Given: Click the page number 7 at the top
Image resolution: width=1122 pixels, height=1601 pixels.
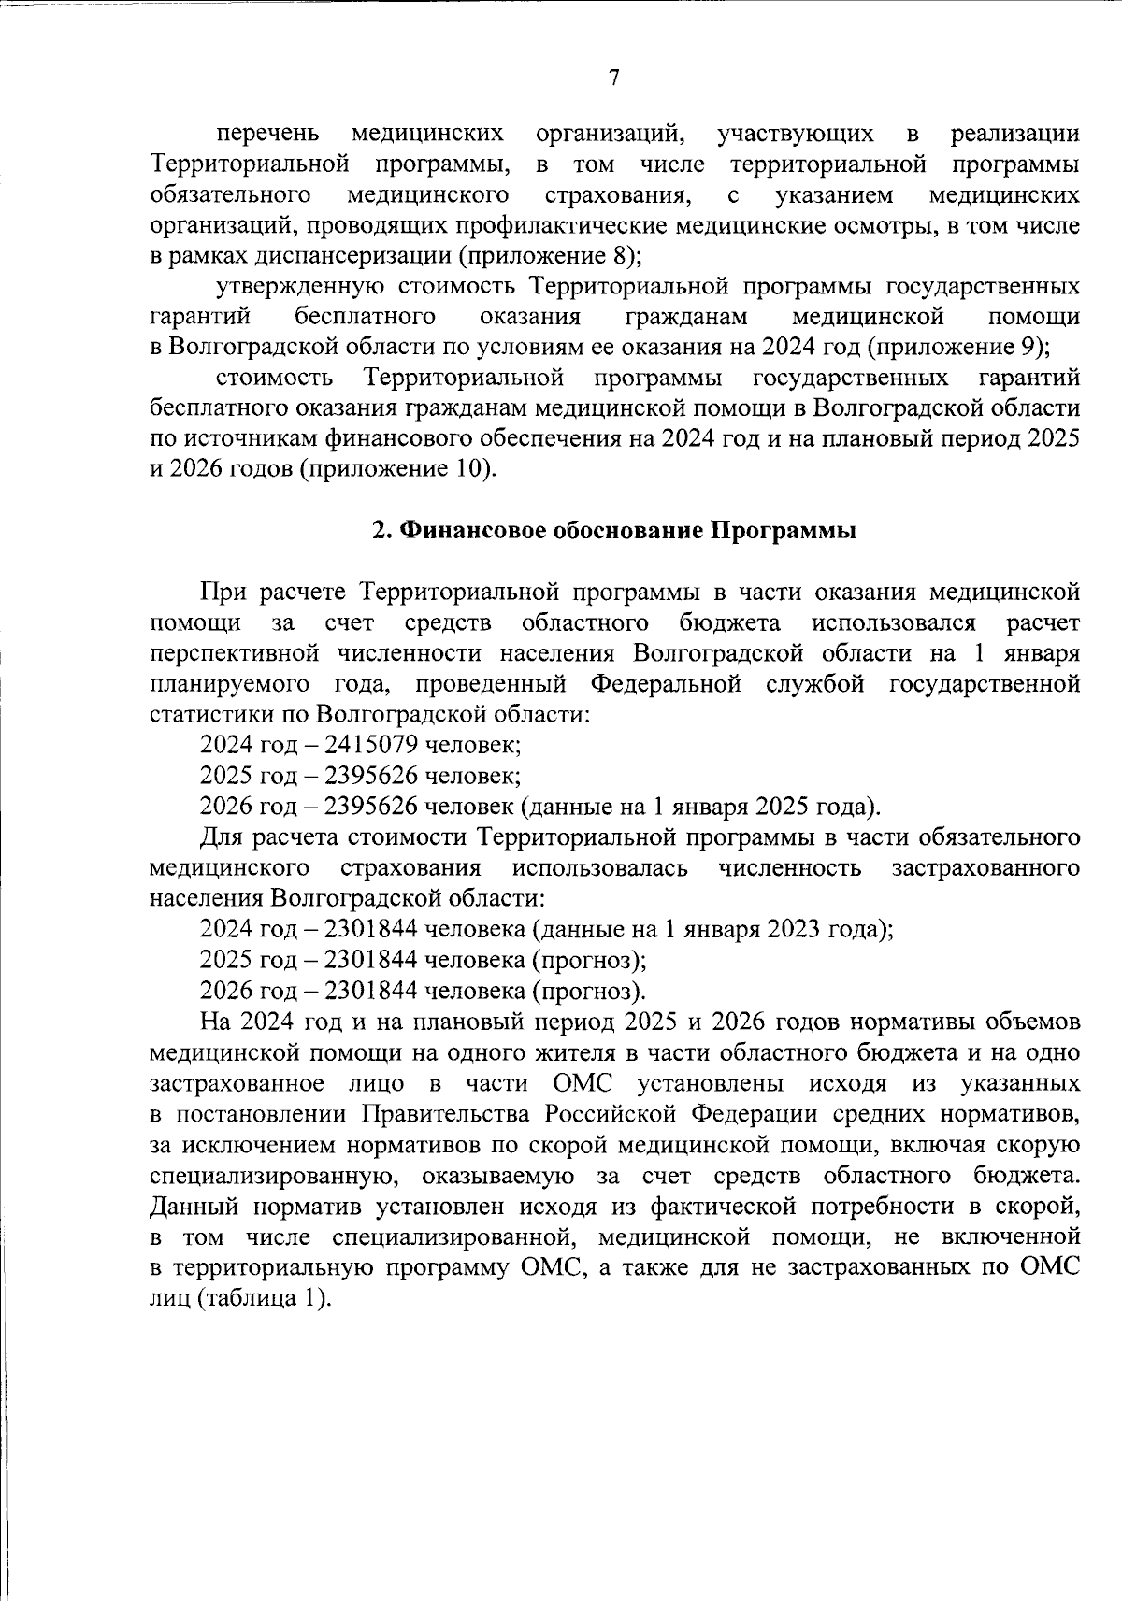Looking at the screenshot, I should click(614, 79).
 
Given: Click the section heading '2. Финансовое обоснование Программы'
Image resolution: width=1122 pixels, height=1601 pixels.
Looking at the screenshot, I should click(614, 531).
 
